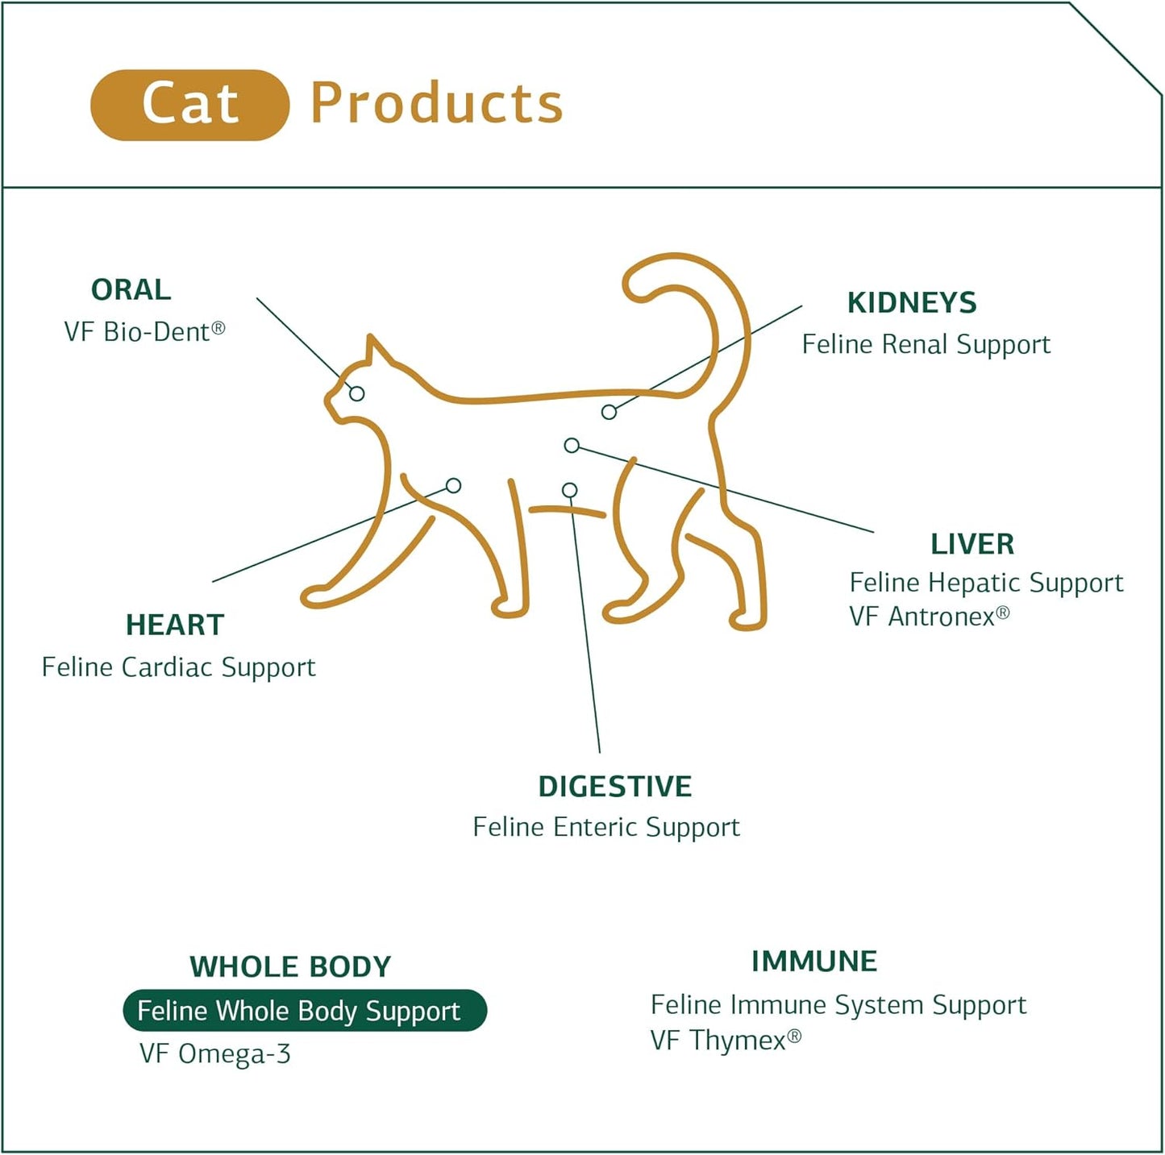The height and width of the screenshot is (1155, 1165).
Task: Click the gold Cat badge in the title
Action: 189,105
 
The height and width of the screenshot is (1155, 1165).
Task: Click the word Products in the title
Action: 436,105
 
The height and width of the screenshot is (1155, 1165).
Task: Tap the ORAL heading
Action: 131,289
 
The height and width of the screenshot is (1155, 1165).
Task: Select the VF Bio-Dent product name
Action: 144,331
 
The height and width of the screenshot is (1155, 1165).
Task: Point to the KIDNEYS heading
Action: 911,303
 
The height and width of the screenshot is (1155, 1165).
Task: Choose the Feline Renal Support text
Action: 926,345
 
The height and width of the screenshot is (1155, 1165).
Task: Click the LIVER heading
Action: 972,544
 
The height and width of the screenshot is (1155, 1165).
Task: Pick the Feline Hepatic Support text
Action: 985,583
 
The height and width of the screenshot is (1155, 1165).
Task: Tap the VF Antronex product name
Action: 929,617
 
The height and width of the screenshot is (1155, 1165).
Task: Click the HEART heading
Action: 174,625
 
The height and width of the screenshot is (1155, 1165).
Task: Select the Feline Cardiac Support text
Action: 178,667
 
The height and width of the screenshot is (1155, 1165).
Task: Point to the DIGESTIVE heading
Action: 614,787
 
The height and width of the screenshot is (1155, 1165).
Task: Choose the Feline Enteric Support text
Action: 605,828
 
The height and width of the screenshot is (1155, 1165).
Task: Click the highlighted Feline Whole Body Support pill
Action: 304,1011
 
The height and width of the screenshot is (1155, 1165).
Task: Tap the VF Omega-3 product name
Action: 214,1054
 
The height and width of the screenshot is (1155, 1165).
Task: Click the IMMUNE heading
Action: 813,962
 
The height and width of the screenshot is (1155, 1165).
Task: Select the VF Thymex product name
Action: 725,1041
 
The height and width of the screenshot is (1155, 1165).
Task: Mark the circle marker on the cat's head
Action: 356,393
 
